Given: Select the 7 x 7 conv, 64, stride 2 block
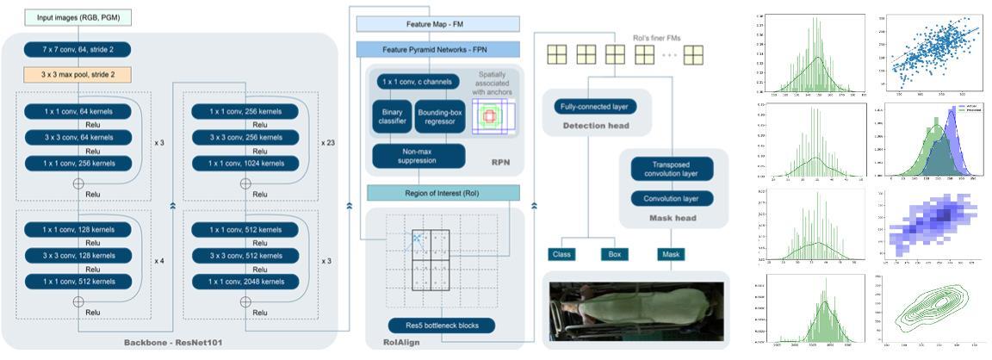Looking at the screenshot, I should click(77, 50).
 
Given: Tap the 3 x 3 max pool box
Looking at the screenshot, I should click(77, 75).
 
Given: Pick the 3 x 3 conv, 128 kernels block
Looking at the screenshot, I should click(77, 256).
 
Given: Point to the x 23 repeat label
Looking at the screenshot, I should click(327, 143).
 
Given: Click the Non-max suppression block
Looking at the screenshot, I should click(418, 156).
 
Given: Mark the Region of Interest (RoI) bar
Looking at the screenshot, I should click(443, 192).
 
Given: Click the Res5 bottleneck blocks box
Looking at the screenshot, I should click(442, 326).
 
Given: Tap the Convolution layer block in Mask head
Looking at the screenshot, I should click(672, 198).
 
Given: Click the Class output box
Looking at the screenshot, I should click(561, 254).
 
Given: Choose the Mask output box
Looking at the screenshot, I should click(671, 254).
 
